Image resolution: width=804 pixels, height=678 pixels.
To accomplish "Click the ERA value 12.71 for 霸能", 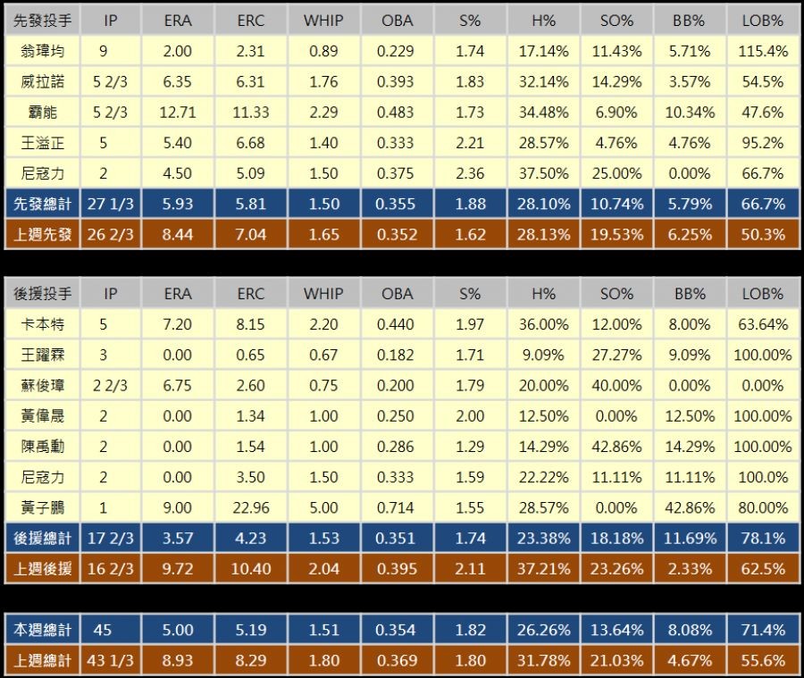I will point(178,113).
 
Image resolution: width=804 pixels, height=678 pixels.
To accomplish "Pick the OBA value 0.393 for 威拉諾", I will point(397,82).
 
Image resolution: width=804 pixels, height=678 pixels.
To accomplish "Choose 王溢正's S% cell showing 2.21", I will point(469,143).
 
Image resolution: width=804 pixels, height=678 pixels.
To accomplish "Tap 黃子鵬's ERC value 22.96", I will point(251,507).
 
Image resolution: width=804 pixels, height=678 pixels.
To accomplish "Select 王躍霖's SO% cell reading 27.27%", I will point(616,355).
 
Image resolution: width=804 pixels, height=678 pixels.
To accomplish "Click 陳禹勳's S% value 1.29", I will point(469,446).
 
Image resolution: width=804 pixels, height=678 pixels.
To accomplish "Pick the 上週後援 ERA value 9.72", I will point(178,568).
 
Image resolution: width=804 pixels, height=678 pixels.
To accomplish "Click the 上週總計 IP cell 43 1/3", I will point(110,661).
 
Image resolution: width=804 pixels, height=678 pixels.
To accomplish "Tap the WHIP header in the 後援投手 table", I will point(322,293).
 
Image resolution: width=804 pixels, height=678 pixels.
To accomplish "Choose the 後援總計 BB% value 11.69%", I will point(690,538).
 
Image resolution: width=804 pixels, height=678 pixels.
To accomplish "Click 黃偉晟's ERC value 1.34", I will point(251,415).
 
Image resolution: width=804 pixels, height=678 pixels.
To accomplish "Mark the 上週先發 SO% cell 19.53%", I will point(616,235).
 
